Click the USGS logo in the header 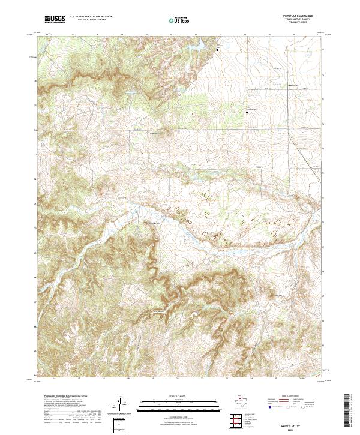tap(55, 19)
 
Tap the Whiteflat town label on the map tap(294, 86)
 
